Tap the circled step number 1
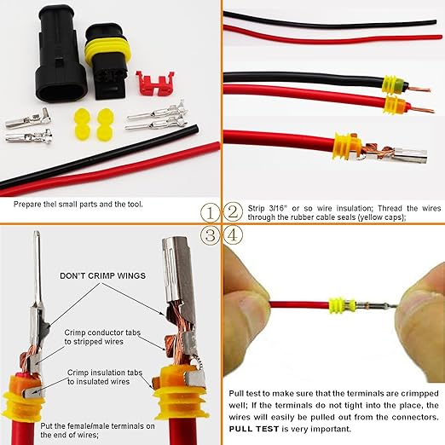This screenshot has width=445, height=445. (x=209, y=211)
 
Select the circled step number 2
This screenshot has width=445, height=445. (x=233, y=211)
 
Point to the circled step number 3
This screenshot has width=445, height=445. (x=209, y=234)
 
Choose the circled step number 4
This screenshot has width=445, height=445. (x=233, y=234)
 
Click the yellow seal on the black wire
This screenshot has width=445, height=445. (x=390, y=84)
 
